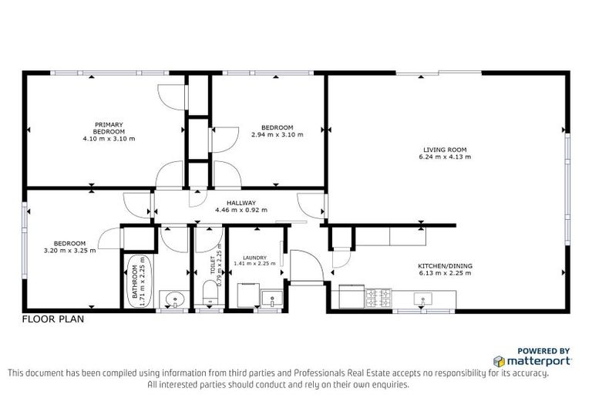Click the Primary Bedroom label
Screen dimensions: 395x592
(x=109, y=128)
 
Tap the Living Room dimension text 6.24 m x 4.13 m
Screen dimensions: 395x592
(x=446, y=157)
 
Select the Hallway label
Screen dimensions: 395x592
(x=240, y=203)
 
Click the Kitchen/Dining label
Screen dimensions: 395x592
(x=446, y=266)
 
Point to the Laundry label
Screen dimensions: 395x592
(x=254, y=258)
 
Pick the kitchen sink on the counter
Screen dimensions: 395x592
(x=423, y=297)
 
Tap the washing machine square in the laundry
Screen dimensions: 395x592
(x=246, y=295)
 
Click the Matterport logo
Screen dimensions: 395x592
(x=533, y=360)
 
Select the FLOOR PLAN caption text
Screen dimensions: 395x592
(x=52, y=319)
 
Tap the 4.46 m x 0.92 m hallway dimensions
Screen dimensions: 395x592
(x=240, y=210)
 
